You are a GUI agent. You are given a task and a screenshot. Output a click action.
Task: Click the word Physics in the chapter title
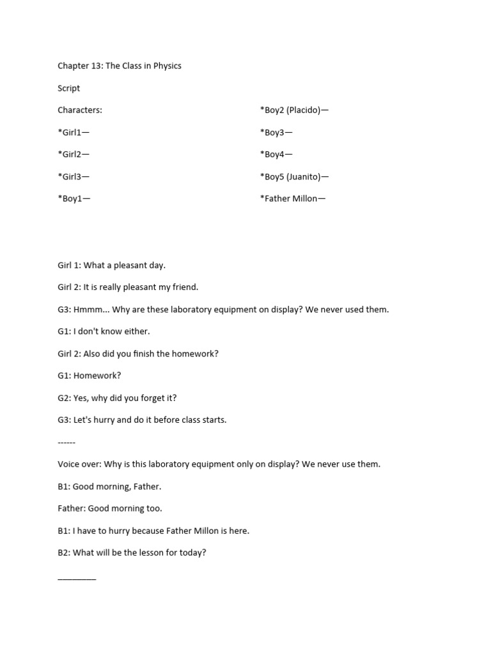(166, 66)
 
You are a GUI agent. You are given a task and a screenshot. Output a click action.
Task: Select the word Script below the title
(69, 88)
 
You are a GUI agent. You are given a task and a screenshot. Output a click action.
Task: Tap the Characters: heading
(80, 110)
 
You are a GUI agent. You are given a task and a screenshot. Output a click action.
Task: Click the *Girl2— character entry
(74, 154)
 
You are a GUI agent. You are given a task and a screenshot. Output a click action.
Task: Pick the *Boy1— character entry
(74, 198)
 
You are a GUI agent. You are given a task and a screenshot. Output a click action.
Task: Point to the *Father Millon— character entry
(293, 198)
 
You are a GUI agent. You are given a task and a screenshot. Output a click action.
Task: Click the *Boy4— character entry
(276, 154)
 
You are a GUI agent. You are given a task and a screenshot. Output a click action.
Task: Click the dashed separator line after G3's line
(66, 442)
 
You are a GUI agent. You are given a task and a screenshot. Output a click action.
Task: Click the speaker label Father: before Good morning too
(71, 508)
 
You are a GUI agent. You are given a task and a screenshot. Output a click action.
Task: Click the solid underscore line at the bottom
(77, 578)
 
